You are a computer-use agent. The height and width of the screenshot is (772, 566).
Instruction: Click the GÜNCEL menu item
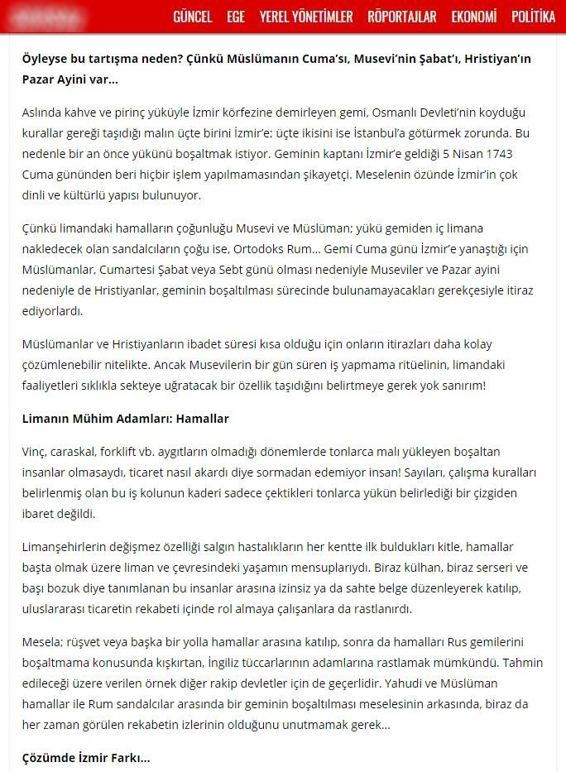[192, 17]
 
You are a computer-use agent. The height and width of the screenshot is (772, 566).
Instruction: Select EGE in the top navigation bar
[236, 17]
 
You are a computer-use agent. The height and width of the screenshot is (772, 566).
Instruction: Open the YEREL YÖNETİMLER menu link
[306, 17]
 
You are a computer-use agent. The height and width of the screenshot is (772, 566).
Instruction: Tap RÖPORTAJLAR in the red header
[402, 17]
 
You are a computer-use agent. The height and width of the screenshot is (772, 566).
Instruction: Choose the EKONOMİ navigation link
[474, 17]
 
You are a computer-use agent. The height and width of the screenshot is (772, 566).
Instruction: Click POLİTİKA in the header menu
[534, 17]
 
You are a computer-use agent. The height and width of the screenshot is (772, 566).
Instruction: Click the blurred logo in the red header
[55, 17]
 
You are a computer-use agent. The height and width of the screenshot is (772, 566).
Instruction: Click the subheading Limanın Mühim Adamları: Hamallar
[125, 418]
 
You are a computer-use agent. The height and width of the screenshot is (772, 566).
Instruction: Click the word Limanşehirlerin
[65, 547]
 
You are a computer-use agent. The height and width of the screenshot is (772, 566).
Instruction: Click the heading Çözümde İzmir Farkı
[85, 757]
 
